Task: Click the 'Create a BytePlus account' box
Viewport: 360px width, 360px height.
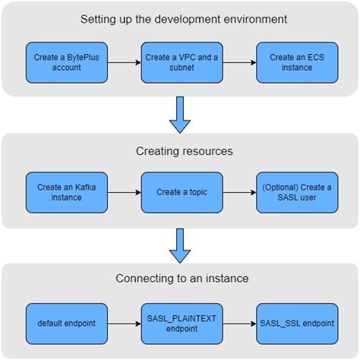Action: (x=64, y=63)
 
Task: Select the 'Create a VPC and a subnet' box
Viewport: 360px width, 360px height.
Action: (x=179, y=63)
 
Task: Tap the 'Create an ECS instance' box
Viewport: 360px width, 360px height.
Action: (x=295, y=63)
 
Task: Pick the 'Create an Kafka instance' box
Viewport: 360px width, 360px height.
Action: (x=64, y=193)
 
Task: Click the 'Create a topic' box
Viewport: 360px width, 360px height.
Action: (x=179, y=193)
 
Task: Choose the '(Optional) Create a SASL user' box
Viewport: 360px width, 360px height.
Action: (x=295, y=193)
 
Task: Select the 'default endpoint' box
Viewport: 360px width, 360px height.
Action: (x=64, y=323)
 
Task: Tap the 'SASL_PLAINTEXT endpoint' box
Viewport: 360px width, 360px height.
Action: (x=179, y=323)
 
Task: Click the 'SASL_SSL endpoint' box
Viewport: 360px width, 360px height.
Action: (x=295, y=323)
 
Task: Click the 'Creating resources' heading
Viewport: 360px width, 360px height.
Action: (x=180, y=150)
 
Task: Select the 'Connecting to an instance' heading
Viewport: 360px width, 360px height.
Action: (x=180, y=279)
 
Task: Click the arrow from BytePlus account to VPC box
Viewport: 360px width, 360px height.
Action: (x=122, y=63)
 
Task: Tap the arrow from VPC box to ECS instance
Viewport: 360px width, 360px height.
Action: (x=237, y=63)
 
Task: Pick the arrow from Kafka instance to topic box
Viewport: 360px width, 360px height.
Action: (x=122, y=193)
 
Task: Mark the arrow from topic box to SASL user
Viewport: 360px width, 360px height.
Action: (x=237, y=193)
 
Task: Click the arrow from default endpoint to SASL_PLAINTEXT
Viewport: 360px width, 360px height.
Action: (x=122, y=323)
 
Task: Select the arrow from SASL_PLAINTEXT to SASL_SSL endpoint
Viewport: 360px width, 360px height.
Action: (x=237, y=323)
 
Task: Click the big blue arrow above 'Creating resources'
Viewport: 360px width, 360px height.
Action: (x=180, y=114)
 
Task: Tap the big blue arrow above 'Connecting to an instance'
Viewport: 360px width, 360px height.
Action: (x=180, y=245)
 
